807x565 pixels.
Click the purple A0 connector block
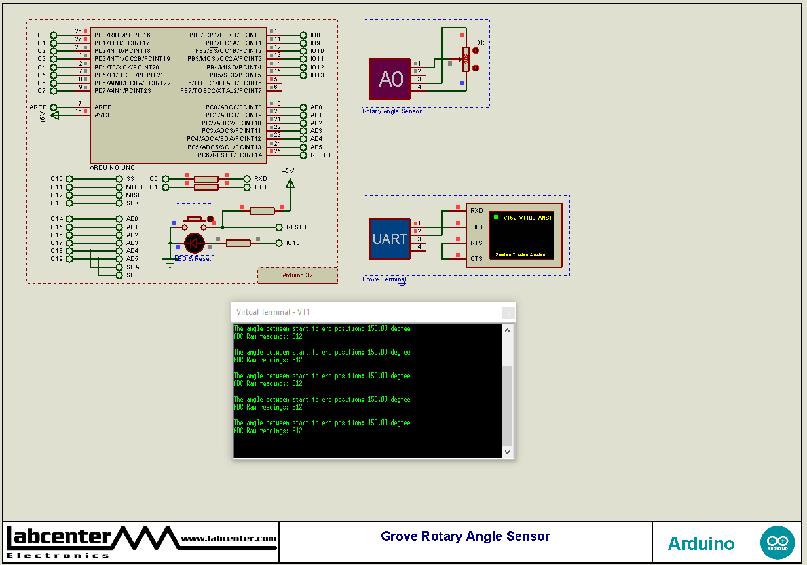pos(390,79)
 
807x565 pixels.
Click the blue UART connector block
pos(390,239)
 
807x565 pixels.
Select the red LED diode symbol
pos(195,243)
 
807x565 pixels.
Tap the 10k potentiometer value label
pos(479,42)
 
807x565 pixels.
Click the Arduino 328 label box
pos(299,275)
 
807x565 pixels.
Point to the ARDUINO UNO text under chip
pos(112,168)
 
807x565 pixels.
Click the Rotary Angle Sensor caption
pos(392,111)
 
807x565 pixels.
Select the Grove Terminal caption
pos(384,279)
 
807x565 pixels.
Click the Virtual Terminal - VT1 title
pos(272,312)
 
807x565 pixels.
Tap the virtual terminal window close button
pos(508,313)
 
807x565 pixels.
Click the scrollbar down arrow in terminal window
pos(507,452)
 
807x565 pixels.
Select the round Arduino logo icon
pos(777,543)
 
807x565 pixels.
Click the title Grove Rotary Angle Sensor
pos(465,536)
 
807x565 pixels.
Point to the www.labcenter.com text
pos(229,539)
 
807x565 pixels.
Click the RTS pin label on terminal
pos(476,243)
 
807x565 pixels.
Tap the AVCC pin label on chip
pos(103,115)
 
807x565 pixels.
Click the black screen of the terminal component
pos(521,235)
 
